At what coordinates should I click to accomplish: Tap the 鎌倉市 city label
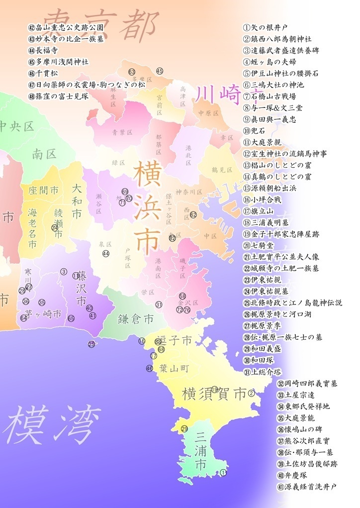point(135,319)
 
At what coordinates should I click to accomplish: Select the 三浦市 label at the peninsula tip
point(201,451)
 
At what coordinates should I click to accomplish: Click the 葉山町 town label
point(174,369)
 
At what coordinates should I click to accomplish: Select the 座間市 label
point(43,191)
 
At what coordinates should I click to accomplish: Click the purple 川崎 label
point(217,93)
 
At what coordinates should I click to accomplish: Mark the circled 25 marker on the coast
point(91,344)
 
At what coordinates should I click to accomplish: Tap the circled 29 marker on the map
point(184,429)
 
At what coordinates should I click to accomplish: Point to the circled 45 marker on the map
point(160,71)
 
